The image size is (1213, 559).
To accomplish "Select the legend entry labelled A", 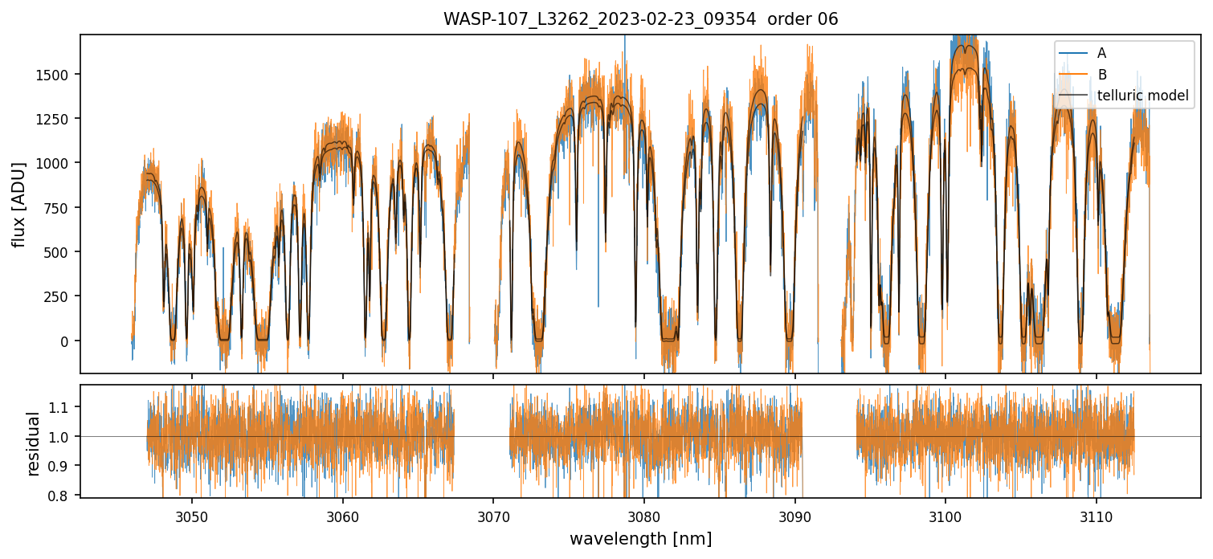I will pyautogui.click(x=1101, y=53).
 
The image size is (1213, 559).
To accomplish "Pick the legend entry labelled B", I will pyautogui.click(x=1101, y=75).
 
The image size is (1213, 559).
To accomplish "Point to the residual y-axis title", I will pyautogui.click(x=33, y=443).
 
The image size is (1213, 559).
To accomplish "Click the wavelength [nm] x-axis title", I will pyautogui.click(x=640, y=538).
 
